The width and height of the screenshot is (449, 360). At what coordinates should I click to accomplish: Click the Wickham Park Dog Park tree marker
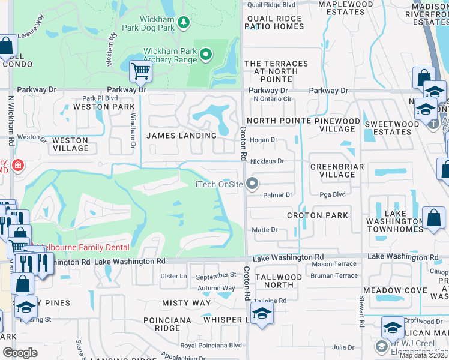pos(183,23)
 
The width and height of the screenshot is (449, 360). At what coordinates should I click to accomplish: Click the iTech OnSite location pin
pos(253,184)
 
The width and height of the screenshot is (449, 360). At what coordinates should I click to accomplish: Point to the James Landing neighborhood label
pos(181,136)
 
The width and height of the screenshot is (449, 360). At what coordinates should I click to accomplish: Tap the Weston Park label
pos(100,107)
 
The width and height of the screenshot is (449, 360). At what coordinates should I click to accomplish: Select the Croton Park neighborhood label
pos(317,215)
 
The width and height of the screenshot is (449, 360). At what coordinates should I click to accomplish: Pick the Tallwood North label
pos(279,281)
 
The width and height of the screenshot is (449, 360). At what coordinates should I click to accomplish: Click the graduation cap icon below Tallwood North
pos(262,314)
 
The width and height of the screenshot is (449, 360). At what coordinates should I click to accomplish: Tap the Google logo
pos(20,353)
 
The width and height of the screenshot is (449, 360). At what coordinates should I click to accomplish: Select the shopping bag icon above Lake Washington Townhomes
pos(433,218)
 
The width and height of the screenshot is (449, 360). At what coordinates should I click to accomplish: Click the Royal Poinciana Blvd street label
pos(211,345)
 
